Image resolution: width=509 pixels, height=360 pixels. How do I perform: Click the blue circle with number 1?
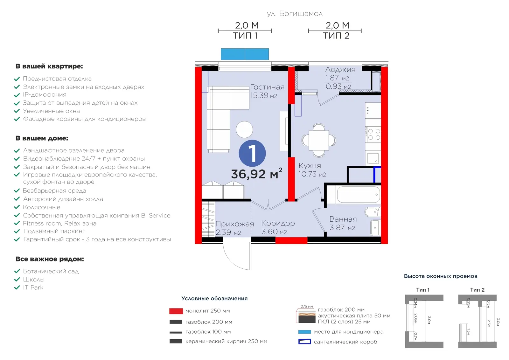coord(252,153)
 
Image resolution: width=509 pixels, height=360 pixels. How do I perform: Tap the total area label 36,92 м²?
coord(256,174)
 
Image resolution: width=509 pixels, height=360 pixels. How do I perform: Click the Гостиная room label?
coord(267,87)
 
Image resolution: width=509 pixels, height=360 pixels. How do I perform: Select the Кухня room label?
coord(310,166)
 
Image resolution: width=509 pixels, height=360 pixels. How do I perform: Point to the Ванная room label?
coord(343,219)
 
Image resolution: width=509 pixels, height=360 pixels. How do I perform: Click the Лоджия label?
coord(340,70)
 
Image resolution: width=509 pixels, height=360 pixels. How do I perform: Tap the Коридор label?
coord(278,224)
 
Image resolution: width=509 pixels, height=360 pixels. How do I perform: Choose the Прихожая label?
coord(234,224)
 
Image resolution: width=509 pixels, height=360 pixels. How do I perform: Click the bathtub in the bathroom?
coord(358,195)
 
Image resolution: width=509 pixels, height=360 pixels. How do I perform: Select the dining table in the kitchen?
coord(318,140)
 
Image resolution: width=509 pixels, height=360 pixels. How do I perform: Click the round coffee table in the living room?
coord(244,129)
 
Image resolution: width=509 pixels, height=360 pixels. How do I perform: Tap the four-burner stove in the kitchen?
coord(373,134)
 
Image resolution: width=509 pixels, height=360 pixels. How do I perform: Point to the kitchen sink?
coord(373,158)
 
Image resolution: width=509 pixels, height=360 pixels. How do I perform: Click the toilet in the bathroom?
coord(373,212)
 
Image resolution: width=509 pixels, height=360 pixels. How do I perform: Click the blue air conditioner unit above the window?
coord(245,54)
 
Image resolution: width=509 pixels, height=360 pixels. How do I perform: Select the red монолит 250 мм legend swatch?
coord(176,311)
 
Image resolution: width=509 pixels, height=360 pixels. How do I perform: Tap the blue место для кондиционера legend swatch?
coord(304,332)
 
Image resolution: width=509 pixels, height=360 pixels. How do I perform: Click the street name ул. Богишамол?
coord(295,14)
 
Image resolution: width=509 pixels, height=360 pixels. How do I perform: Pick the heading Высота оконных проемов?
coord(441,276)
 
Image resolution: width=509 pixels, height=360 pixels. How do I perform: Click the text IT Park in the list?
coord(33,287)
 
